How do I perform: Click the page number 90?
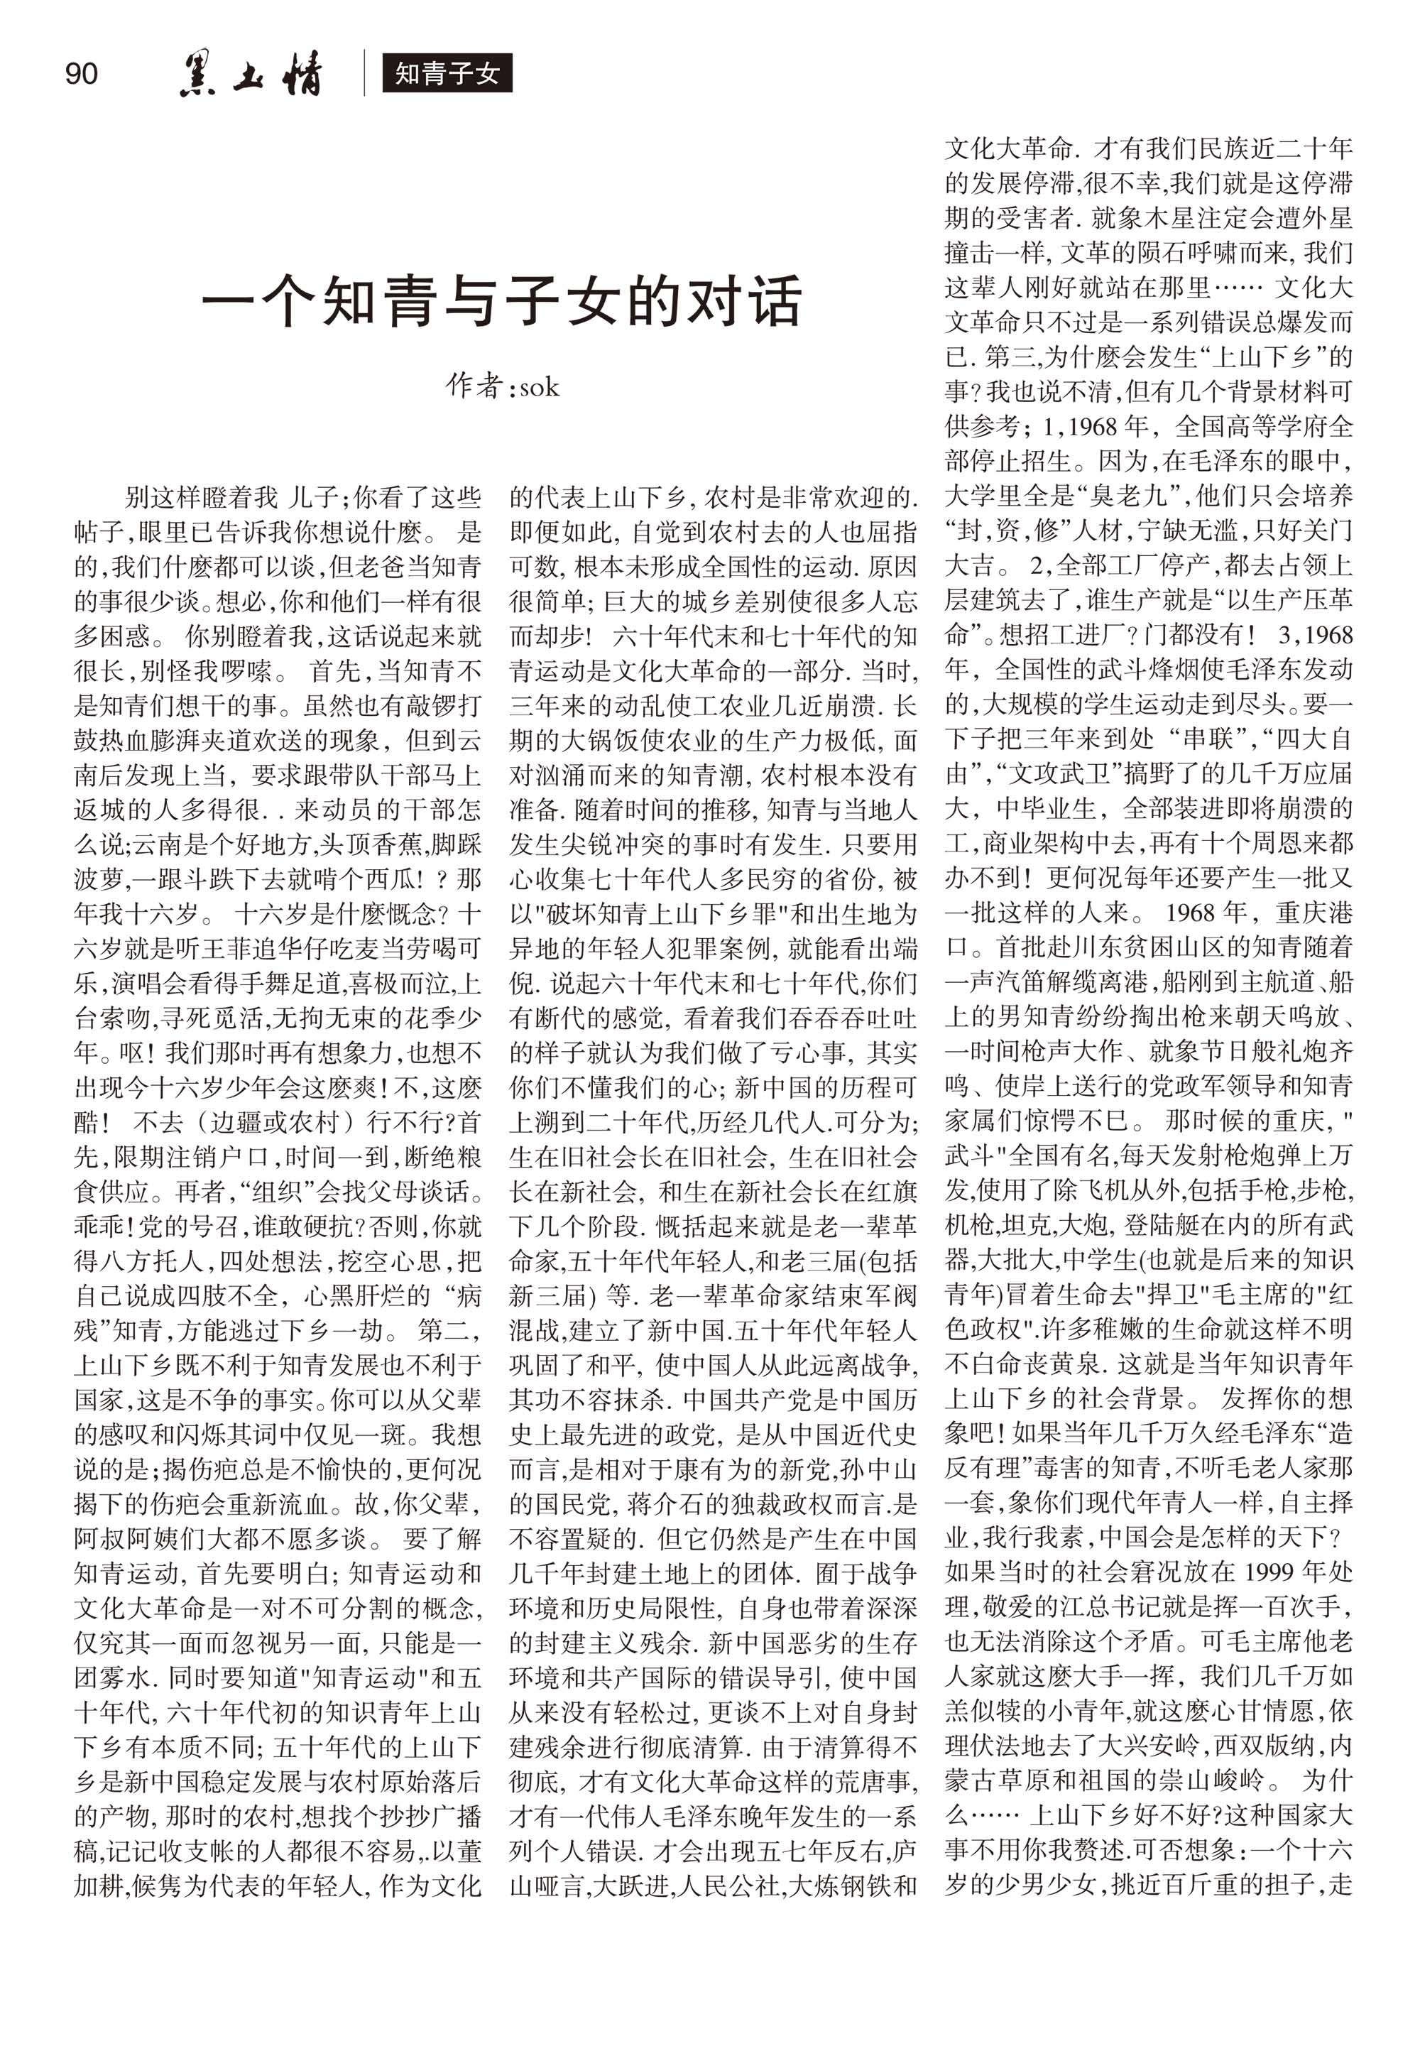82,74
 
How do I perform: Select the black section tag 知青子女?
447,74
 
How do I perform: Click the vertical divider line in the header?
364,73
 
